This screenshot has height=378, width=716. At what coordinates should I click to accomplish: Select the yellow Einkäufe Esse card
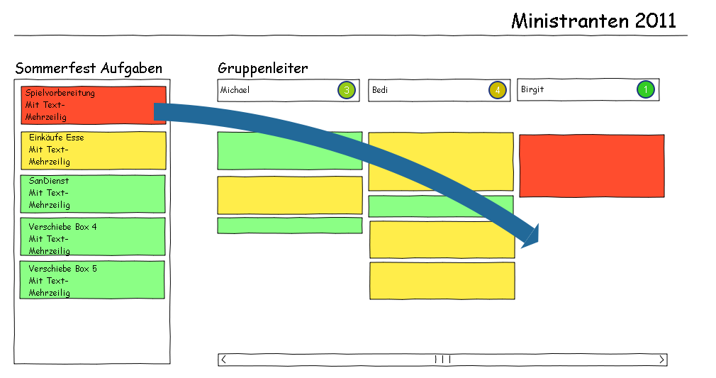pyautogui.click(x=93, y=150)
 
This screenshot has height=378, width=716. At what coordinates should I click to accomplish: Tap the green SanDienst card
pyautogui.click(x=93, y=193)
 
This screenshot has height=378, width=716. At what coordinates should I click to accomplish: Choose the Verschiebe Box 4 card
pyautogui.click(x=93, y=237)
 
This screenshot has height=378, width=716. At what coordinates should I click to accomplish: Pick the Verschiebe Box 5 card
pyautogui.click(x=93, y=279)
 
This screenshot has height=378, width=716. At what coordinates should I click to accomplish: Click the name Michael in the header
pyautogui.click(x=235, y=90)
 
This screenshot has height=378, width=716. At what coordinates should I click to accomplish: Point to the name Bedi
pyautogui.click(x=380, y=90)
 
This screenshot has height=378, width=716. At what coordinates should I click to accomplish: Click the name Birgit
pyautogui.click(x=532, y=90)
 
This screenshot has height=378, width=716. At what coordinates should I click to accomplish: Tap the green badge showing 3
pyautogui.click(x=346, y=90)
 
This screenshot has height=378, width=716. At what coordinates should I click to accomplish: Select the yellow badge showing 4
pyautogui.click(x=497, y=90)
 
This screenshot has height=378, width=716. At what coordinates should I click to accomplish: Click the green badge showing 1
pyautogui.click(x=645, y=90)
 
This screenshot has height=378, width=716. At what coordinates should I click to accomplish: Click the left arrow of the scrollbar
pyautogui.click(x=224, y=360)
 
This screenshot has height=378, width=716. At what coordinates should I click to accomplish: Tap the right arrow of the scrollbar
pyautogui.click(x=661, y=360)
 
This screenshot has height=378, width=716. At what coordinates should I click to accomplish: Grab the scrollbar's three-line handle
pyautogui.click(x=442, y=360)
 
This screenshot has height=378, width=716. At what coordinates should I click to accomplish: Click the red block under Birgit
pyautogui.click(x=591, y=165)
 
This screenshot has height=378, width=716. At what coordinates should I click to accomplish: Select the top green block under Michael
pyautogui.click(x=289, y=150)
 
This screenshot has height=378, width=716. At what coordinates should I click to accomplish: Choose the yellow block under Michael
pyautogui.click(x=289, y=195)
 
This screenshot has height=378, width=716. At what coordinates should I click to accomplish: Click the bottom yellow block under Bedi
pyautogui.click(x=442, y=281)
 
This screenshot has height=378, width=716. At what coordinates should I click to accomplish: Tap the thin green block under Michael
pyautogui.click(x=289, y=226)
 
